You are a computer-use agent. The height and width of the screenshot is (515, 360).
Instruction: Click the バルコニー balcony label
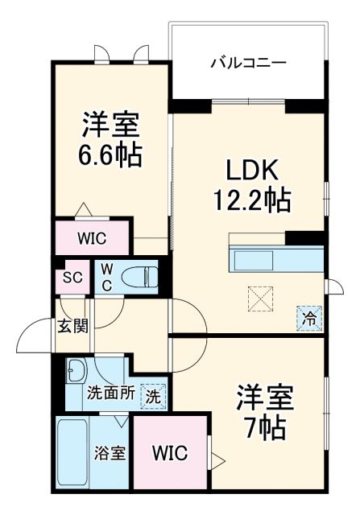(x=248, y=61)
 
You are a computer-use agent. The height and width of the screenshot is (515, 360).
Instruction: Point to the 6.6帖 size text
(x=111, y=154)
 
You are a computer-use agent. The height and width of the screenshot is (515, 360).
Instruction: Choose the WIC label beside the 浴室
(x=170, y=453)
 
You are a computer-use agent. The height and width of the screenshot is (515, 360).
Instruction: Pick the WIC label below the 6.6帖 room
(x=91, y=239)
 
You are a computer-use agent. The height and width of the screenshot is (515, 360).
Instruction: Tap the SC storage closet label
(x=72, y=278)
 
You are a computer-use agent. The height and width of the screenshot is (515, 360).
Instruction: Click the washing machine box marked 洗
(x=152, y=395)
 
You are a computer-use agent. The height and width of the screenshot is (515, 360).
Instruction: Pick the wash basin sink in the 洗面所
(x=78, y=371)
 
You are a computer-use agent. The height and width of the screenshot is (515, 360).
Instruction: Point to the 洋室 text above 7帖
(x=266, y=397)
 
